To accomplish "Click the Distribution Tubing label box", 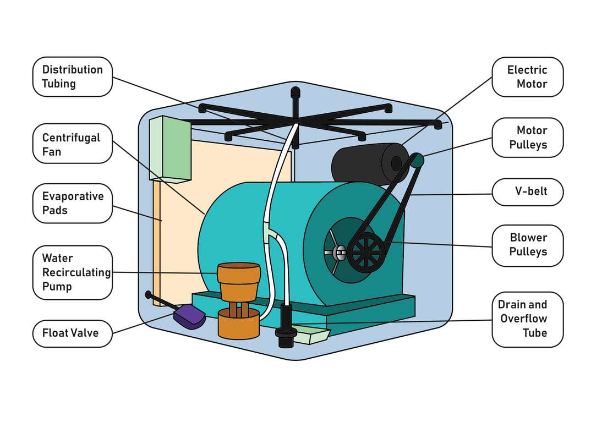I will [x=72, y=76].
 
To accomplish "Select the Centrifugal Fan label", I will [x=72, y=144].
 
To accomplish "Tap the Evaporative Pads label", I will [x=72, y=203].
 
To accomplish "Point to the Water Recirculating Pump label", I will [x=72, y=272].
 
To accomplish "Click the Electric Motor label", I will [x=527, y=76].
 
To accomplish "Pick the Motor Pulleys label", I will [x=527, y=138].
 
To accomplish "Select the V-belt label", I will [x=527, y=192].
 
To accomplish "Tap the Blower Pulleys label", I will [x=527, y=244].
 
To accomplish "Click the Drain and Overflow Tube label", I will [x=527, y=319].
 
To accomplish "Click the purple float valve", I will [x=189, y=317].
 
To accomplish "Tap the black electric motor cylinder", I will [x=366, y=163].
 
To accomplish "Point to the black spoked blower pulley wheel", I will [x=366, y=251].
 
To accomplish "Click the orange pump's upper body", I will [x=238, y=281].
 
